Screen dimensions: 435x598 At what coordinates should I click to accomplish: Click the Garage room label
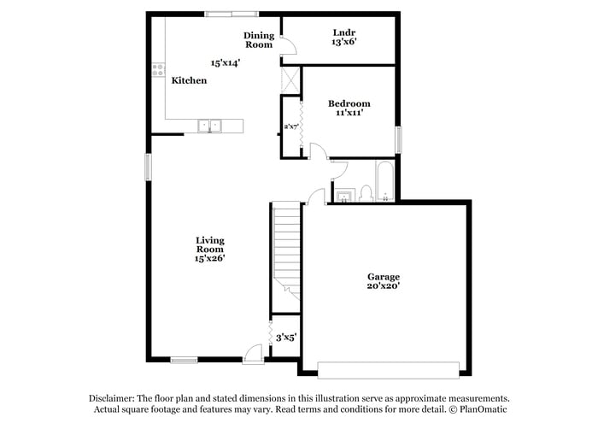(x=384, y=277)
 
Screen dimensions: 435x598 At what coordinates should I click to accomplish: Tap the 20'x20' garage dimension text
(x=384, y=287)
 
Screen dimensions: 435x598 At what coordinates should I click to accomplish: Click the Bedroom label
(x=349, y=104)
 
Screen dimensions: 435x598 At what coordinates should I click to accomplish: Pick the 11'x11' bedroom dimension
(x=349, y=115)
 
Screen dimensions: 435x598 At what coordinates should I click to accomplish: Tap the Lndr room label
(x=345, y=32)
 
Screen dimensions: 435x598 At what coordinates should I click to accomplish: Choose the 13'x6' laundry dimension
(x=345, y=42)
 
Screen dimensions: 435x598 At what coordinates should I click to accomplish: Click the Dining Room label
(x=260, y=40)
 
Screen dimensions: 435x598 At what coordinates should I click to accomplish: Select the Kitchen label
(x=189, y=80)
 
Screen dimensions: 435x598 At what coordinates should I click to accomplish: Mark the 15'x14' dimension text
(x=226, y=62)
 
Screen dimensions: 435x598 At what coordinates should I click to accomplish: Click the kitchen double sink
(x=210, y=126)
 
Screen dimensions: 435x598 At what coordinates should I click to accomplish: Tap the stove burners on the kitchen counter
(x=158, y=71)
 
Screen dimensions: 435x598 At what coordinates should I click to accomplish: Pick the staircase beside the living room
(x=286, y=248)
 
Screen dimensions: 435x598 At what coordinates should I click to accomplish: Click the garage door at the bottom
(x=389, y=369)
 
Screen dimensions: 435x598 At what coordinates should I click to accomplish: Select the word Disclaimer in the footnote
(x=114, y=398)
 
